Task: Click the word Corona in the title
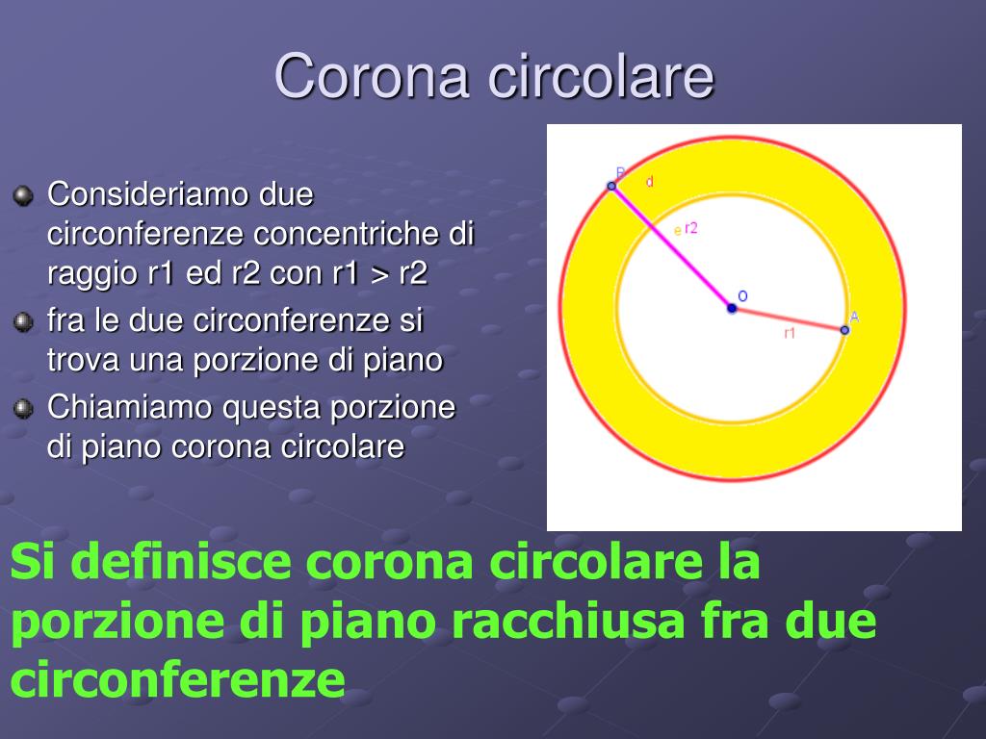pos(373,76)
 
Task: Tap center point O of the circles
pos(732,308)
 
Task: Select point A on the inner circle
pos(844,330)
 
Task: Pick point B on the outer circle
pos(611,186)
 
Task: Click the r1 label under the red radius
pos(790,333)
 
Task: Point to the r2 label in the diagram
pos(691,228)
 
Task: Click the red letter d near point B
pos(650,182)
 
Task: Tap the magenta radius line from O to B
pos(671,247)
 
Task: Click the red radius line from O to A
pos(788,319)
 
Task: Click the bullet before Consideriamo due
pos(23,195)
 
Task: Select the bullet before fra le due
pos(23,322)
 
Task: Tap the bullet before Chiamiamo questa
pos(23,408)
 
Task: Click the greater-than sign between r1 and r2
pos(379,274)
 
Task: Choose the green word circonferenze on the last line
pos(178,679)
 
